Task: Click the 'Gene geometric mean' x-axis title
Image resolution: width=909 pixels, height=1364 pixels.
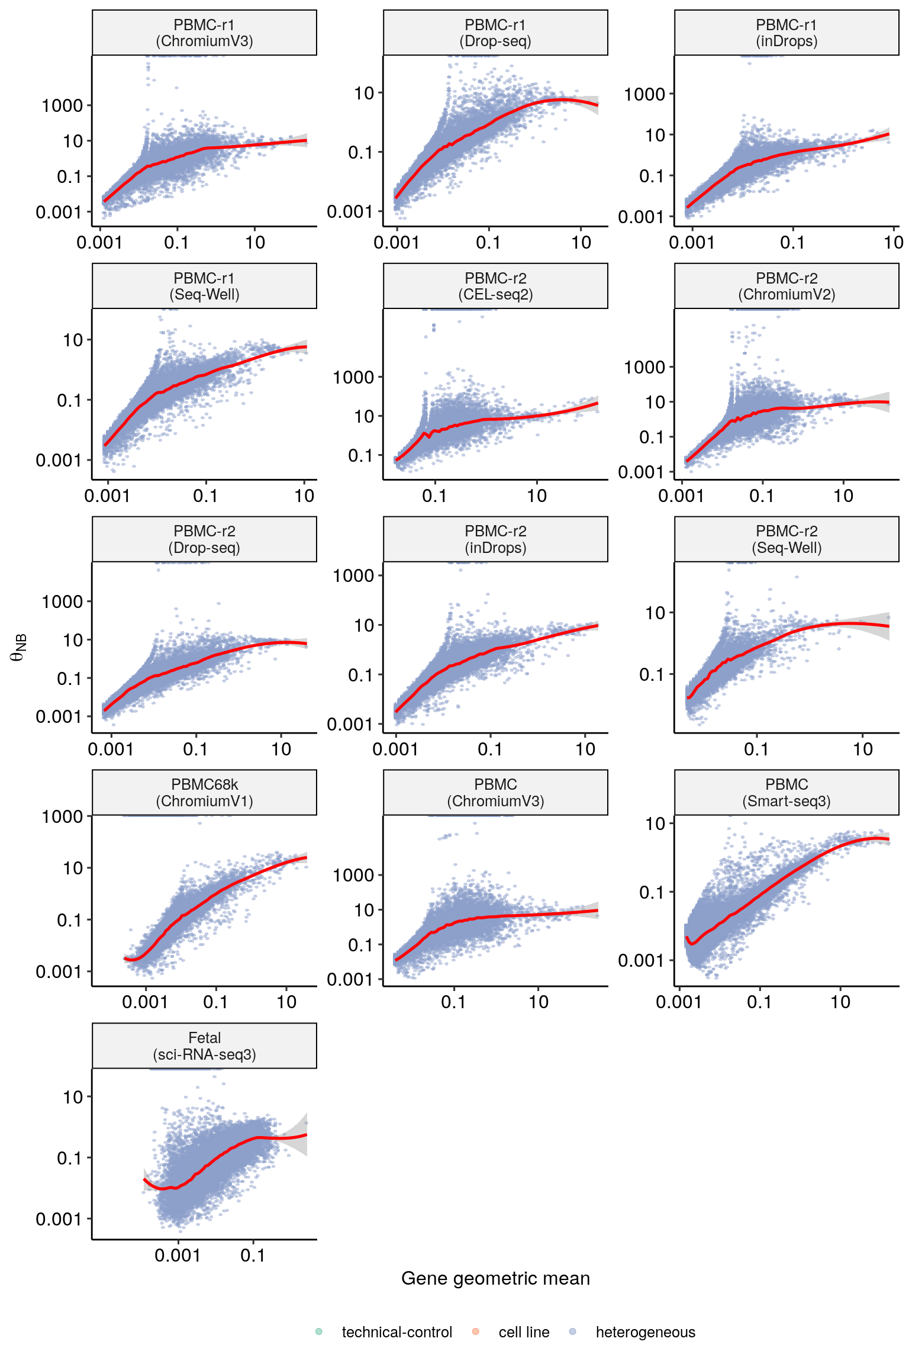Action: coord(495,1278)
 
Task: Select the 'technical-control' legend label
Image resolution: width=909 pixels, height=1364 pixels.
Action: coord(397,1332)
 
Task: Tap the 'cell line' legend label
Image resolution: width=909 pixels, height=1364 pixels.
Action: coord(524,1332)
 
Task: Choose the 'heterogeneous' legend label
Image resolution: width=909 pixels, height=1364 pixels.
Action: coord(645,1332)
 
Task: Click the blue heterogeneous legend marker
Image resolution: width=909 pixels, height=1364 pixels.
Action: coord(572,1331)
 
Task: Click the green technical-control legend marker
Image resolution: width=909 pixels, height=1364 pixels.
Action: coord(319,1331)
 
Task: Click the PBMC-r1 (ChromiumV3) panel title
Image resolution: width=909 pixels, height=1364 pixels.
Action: coord(204,33)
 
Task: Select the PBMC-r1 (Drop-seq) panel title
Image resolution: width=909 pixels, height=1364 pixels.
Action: coord(495,33)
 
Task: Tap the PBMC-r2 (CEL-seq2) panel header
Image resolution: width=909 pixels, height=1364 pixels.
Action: coord(495,287)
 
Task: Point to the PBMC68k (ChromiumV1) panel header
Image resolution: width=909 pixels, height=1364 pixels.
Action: coord(204,793)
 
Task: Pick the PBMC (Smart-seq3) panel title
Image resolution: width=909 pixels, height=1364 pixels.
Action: coord(786,793)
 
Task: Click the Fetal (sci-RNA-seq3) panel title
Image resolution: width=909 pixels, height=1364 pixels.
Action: coord(204,1046)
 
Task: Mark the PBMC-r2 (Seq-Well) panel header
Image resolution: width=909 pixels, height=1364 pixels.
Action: coord(786,539)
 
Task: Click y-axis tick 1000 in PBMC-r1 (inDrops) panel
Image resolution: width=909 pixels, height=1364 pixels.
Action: coord(644,94)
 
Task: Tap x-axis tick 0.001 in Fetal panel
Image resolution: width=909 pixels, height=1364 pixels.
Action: coord(178,1255)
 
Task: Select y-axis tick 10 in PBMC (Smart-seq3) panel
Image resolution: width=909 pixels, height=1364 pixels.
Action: coord(655,823)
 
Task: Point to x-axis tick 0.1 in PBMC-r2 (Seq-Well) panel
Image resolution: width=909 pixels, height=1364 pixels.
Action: coord(756,749)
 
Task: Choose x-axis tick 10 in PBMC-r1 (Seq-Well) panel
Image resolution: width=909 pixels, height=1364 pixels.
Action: coord(304,496)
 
